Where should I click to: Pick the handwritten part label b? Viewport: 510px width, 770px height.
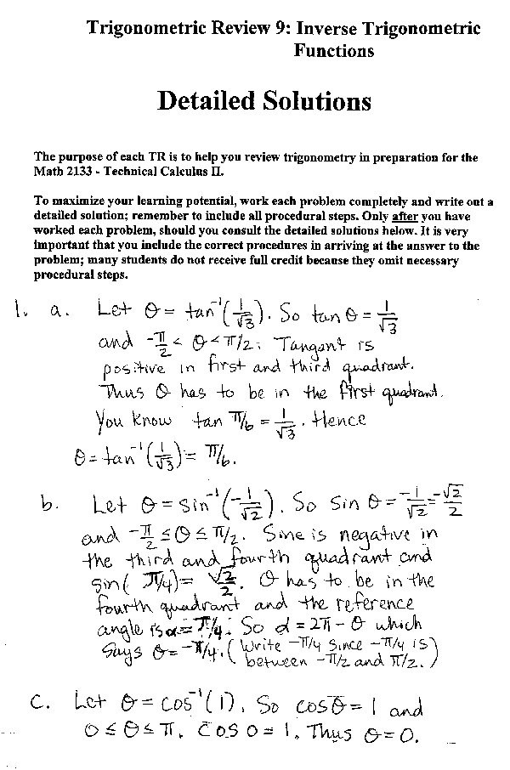tap(48, 505)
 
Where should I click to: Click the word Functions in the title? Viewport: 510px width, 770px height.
tap(334, 50)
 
